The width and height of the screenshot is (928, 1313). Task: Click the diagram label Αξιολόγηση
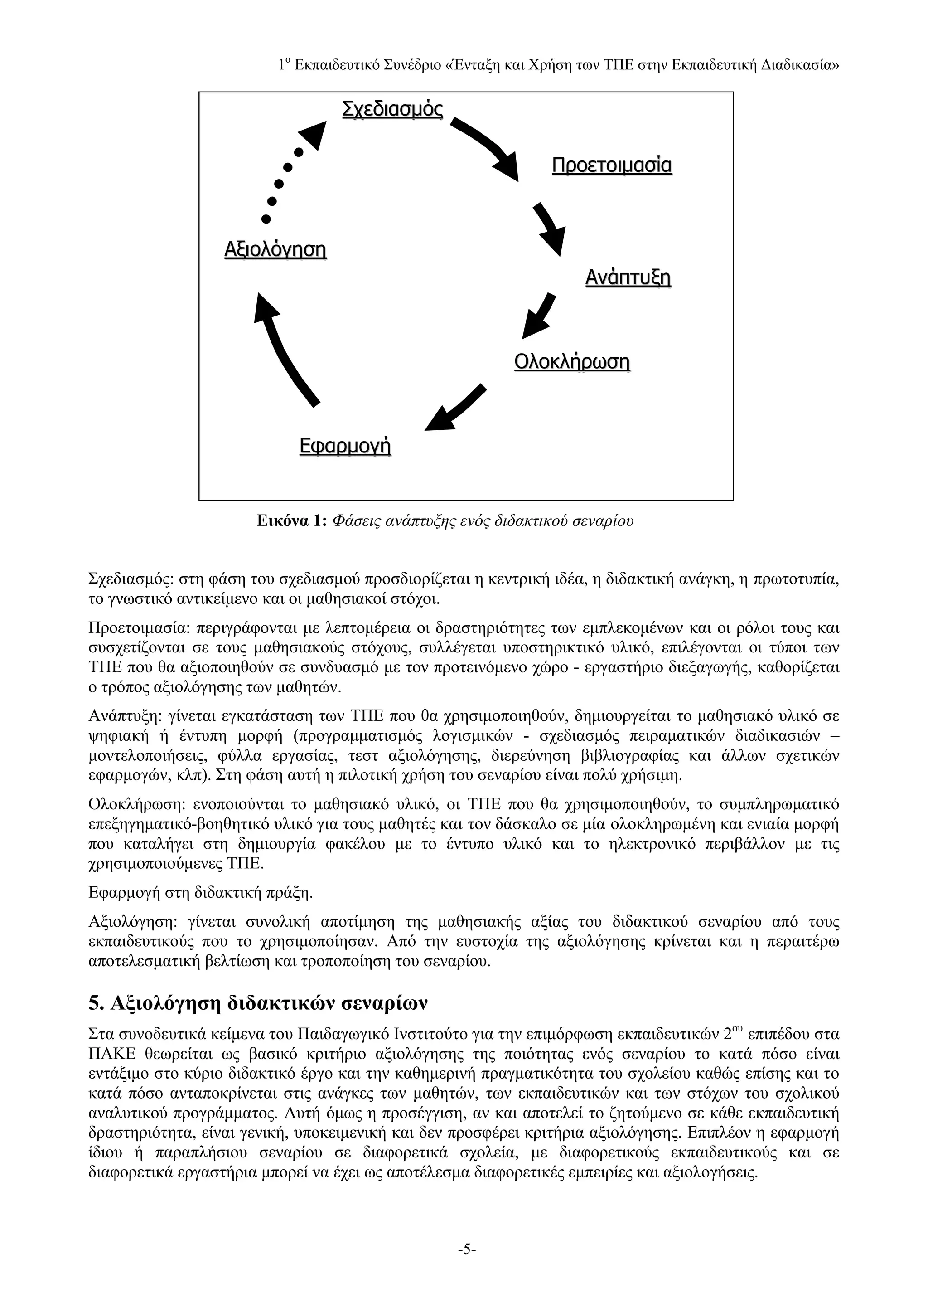point(275,249)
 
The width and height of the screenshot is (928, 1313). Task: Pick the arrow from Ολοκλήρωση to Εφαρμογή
point(455,409)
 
